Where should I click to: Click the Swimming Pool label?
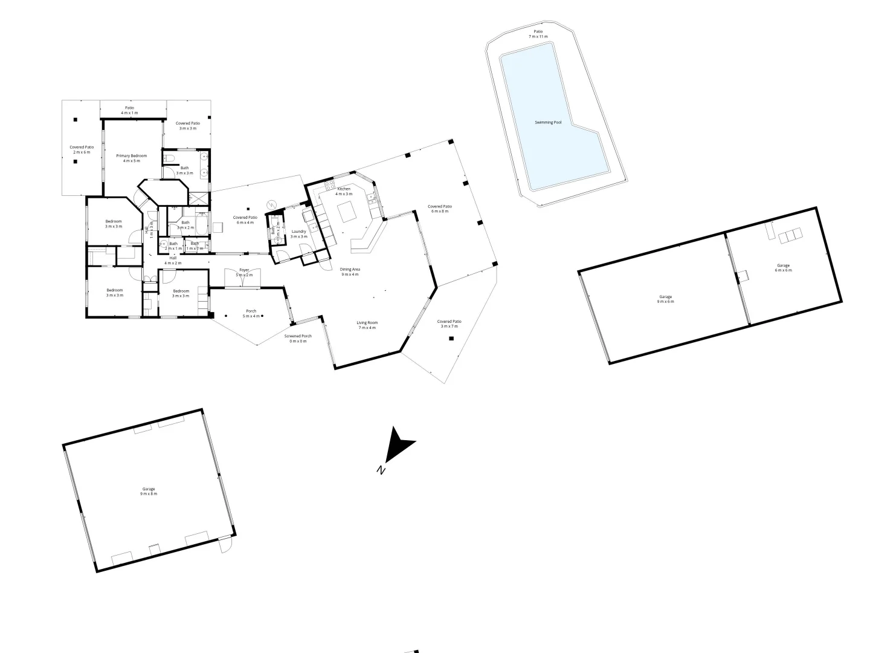(x=548, y=123)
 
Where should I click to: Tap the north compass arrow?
(x=398, y=446)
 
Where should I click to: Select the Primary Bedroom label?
(x=132, y=158)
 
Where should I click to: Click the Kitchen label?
(x=344, y=192)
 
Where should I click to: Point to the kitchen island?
(x=347, y=212)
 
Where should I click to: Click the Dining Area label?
(x=350, y=271)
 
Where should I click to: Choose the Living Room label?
(x=367, y=325)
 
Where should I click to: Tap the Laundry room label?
(x=299, y=234)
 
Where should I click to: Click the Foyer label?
(x=244, y=272)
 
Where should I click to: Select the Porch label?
(x=251, y=313)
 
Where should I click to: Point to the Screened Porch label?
(x=298, y=339)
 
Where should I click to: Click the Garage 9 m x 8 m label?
(x=149, y=491)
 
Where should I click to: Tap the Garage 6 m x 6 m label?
(x=783, y=268)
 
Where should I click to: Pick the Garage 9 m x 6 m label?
(x=665, y=299)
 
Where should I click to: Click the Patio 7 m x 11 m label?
(x=538, y=34)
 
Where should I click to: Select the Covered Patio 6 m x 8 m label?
(x=440, y=209)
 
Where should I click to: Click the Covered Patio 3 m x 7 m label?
(x=449, y=324)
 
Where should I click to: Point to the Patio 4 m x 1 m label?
(x=130, y=110)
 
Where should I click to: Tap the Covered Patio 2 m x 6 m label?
(x=82, y=149)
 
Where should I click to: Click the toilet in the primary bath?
(x=170, y=158)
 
